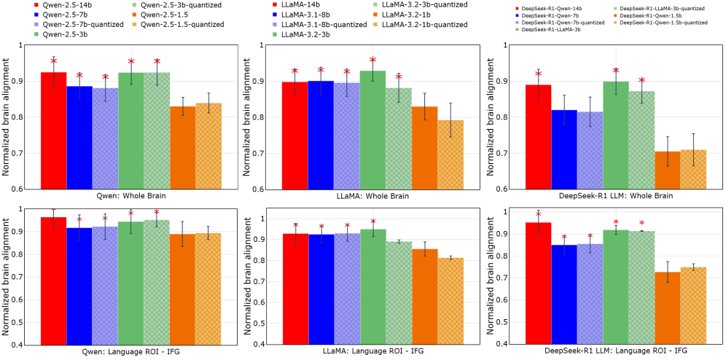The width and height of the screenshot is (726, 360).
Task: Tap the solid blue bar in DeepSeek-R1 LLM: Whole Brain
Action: [x=564, y=149]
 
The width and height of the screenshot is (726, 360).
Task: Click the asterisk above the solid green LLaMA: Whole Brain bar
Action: [x=372, y=60]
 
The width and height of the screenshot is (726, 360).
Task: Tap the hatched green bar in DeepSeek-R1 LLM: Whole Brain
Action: [x=641, y=139]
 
